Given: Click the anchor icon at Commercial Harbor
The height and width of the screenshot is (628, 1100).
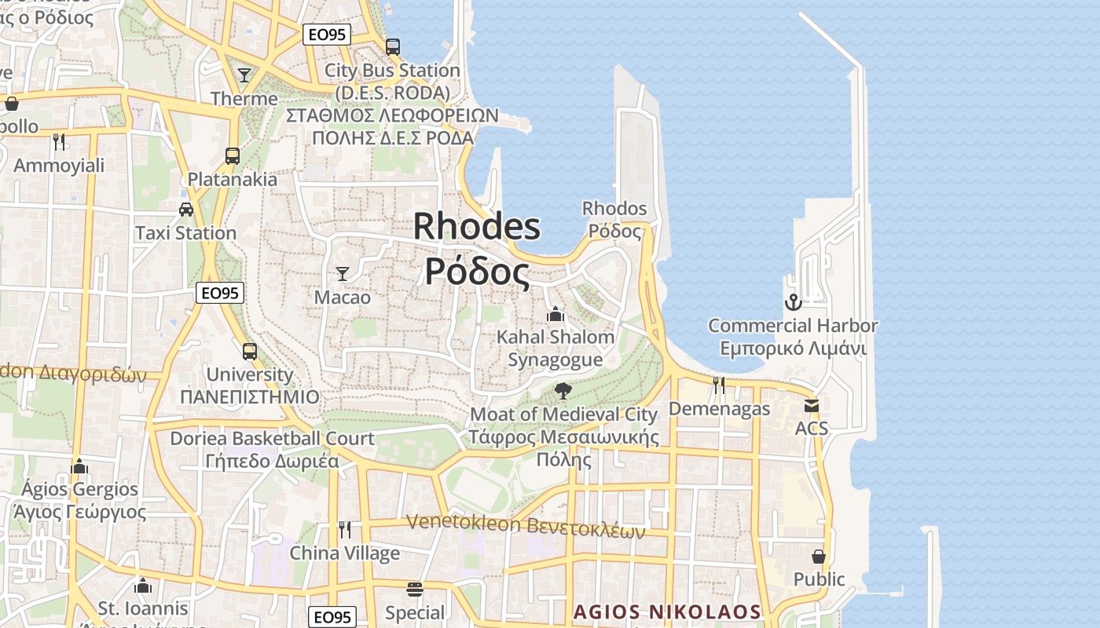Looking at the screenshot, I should coord(793,301).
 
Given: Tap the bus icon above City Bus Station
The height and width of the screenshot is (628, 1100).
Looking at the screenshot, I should coord(393,47).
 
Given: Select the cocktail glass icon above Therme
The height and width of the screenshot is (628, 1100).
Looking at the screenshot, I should coord(244,75).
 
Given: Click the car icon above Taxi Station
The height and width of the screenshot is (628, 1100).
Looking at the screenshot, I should coord(186,210).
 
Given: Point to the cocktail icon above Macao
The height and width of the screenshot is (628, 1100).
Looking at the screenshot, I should coord(342,274).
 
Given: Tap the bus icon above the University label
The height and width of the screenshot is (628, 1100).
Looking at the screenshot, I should coord(249,351).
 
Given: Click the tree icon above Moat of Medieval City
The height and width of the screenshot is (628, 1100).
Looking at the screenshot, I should coord(563,390).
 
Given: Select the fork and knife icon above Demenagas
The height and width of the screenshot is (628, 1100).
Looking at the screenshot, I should coord(719,385).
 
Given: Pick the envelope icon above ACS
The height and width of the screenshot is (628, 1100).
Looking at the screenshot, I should coord(811,405).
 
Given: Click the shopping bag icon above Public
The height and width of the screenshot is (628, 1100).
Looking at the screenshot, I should coord(819,557).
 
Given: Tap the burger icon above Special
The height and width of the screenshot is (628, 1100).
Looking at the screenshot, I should coord(414,590).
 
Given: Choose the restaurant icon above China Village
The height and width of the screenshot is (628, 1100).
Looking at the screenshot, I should coord(344,529).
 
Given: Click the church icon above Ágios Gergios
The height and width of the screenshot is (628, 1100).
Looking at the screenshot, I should coord(79,466).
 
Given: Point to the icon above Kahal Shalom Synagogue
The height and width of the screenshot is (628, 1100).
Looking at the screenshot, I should coord(555,314).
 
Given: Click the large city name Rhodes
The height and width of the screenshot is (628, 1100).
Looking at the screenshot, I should coord(476,227).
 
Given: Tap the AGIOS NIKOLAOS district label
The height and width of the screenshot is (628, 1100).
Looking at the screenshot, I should coord(667,612).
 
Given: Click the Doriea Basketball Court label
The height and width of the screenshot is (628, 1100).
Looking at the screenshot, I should coord(272,438).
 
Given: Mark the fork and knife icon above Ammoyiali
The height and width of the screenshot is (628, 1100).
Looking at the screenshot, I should coord(59,141).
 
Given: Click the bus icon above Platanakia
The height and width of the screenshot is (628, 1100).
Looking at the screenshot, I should coord(232,155).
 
